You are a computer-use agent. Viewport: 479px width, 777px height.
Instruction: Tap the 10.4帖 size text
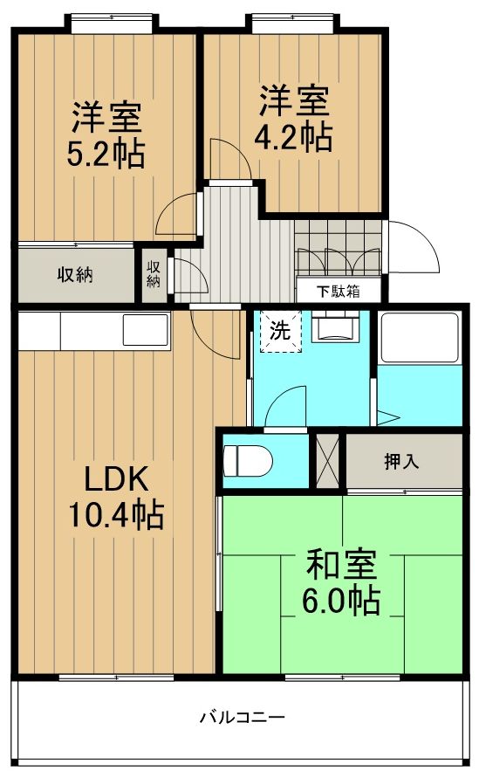117,517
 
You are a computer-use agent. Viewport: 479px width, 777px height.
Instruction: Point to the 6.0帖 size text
341,602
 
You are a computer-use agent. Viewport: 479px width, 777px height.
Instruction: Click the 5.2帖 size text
106,153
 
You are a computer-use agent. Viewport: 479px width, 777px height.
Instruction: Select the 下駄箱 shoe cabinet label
337,292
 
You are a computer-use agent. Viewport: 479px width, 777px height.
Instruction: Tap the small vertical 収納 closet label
154,274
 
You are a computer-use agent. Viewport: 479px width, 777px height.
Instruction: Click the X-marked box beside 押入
327,460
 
